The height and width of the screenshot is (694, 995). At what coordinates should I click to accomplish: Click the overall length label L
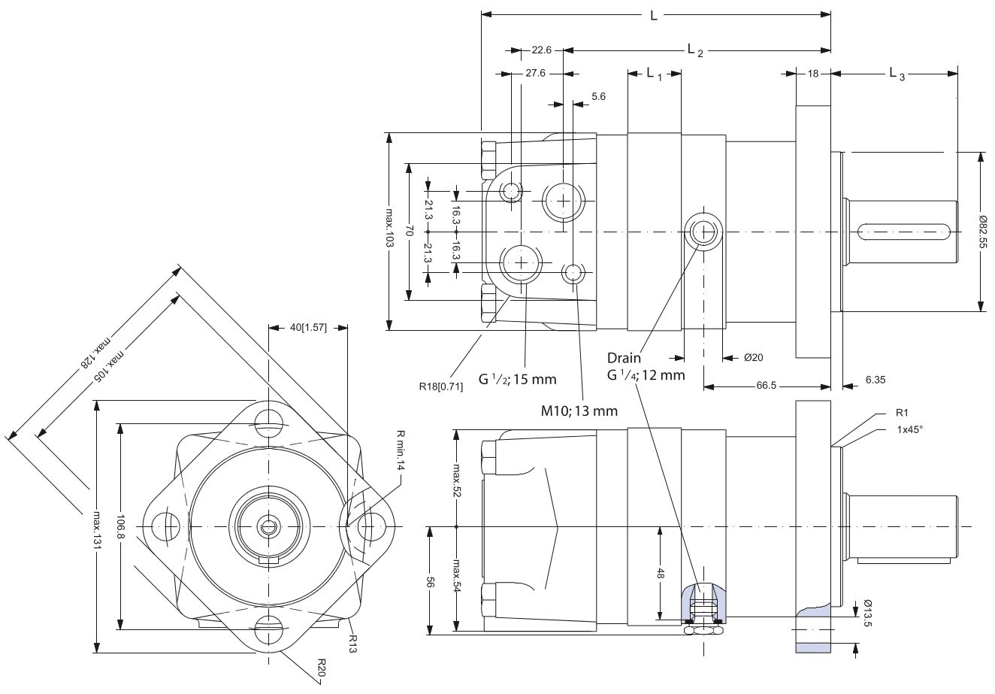[x=653, y=15]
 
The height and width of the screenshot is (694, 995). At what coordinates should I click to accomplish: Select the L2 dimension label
[x=695, y=50]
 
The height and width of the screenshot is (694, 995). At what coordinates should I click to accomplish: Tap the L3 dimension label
[x=897, y=74]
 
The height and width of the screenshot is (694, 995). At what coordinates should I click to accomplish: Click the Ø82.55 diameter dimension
[x=981, y=232]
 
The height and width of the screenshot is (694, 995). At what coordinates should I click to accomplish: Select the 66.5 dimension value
[x=767, y=386]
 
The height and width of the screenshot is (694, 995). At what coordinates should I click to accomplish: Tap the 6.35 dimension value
[x=876, y=380]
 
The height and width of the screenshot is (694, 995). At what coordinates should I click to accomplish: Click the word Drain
[x=625, y=358]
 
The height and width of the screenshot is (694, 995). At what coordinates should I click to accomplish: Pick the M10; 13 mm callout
[x=579, y=411]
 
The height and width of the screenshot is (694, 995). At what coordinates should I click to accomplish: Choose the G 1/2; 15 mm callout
[x=518, y=379]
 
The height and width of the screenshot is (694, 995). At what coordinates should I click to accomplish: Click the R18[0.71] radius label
[x=441, y=386]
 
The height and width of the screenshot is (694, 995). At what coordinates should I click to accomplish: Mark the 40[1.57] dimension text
[x=308, y=328]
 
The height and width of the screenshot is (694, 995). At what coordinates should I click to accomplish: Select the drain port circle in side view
[x=705, y=232]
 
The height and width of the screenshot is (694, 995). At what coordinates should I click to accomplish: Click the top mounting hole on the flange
[x=268, y=420]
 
